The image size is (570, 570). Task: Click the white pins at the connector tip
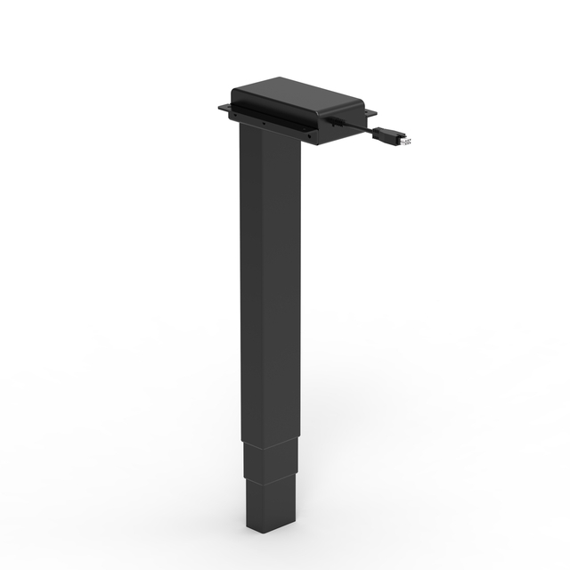407,141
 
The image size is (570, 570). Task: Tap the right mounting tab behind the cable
369,113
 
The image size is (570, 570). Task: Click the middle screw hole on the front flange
265,121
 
